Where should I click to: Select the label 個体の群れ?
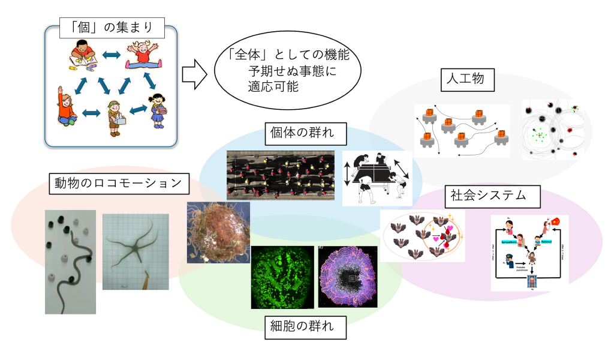pos(303,133)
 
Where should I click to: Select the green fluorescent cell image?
pos(282,277)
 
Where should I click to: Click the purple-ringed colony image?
pos(348,277)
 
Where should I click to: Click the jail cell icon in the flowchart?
pos(530,281)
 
